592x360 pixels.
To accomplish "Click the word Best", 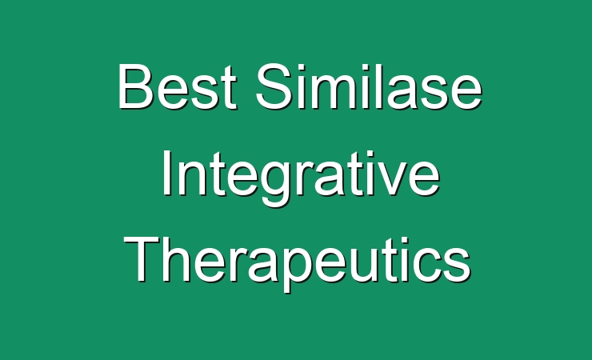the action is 177,86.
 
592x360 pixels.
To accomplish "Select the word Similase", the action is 369,86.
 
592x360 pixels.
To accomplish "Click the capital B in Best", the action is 135,86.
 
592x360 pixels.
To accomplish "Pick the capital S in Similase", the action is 274,86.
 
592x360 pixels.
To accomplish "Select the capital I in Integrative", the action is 166,173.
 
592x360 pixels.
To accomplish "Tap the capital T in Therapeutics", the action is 142,260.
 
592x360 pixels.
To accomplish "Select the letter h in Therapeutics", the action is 176,260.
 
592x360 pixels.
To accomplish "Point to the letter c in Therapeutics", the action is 425,266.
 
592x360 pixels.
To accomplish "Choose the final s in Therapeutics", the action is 457,266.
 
